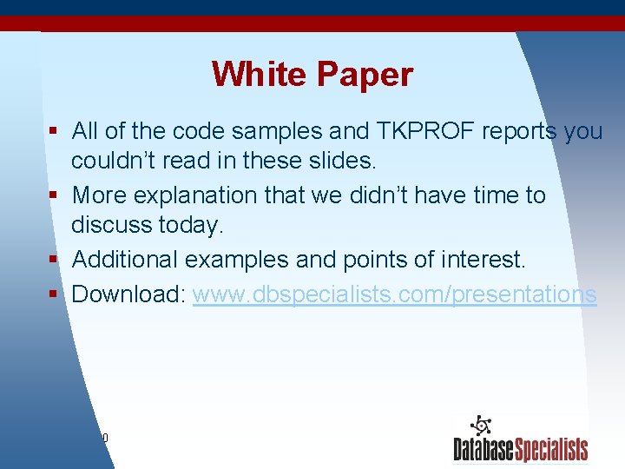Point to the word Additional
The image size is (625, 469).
pyautogui.click(x=124, y=260)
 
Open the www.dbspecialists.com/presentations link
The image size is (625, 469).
pyautogui.click(x=394, y=294)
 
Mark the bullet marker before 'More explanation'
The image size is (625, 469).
pyautogui.click(x=54, y=195)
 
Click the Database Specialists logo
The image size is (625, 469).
pyautogui.click(x=520, y=448)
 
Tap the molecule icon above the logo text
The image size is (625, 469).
pyautogui.click(x=481, y=426)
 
